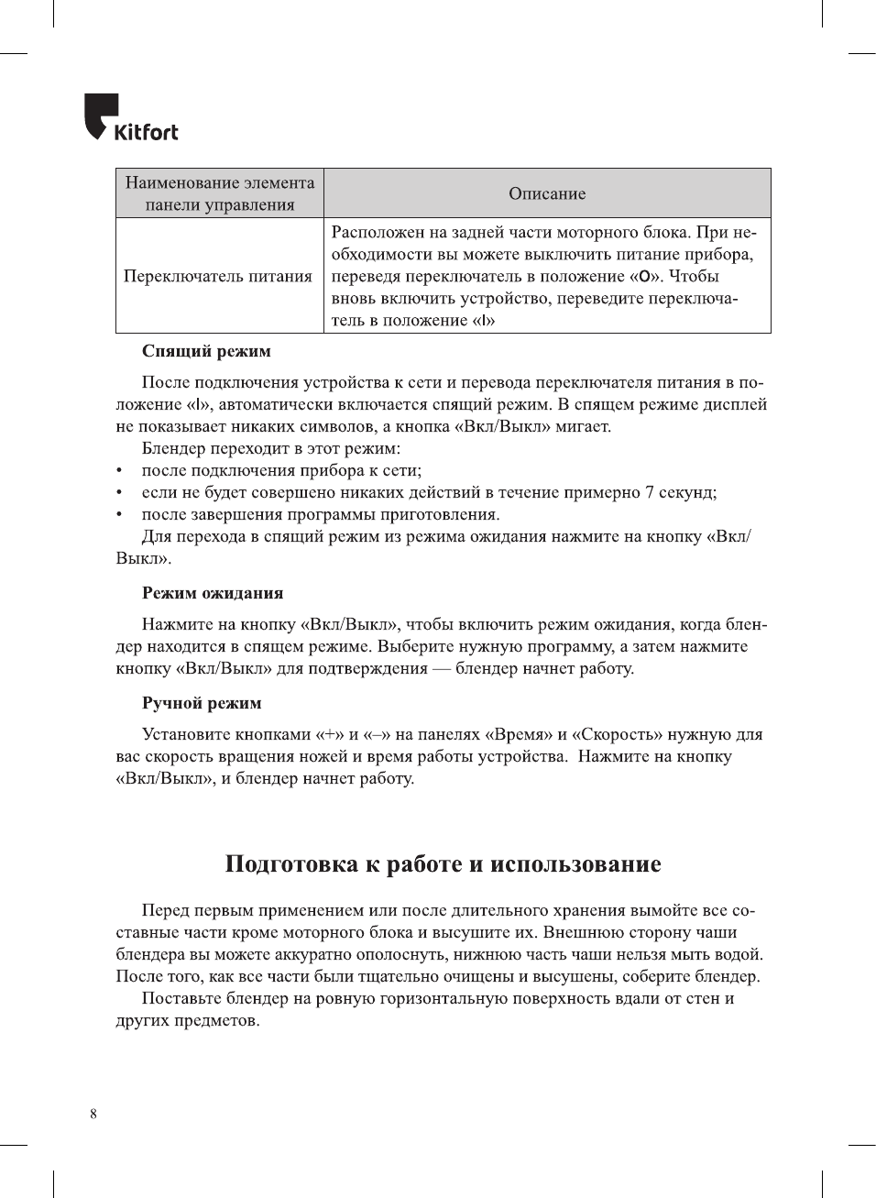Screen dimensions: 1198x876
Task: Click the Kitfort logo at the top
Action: tap(130, 118)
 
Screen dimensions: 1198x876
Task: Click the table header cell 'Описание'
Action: tap(547, 193)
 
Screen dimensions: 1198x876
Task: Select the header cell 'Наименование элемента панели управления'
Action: tap(220, 193)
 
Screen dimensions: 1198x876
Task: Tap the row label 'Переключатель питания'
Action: tap(218, 276)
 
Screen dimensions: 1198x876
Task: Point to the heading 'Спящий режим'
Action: tap(206, 351)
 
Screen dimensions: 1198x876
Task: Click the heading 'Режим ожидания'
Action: tap(213, 593)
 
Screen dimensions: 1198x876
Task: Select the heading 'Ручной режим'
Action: tap(202, 703)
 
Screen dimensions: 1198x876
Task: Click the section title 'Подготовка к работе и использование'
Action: tap(443, 864)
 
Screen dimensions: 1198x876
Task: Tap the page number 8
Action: tap(93, 1114)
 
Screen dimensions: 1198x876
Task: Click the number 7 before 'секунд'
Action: tap(650, 492)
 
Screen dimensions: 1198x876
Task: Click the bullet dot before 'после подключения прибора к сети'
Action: tap(119, 471)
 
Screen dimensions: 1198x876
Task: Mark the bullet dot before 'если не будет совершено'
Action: tap(119, 493)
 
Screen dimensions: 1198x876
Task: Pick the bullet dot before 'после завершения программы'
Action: tap(119, 515)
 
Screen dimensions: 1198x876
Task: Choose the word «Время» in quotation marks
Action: tap(519, 734)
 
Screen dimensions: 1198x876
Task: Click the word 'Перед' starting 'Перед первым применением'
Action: tap(166, 910)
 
